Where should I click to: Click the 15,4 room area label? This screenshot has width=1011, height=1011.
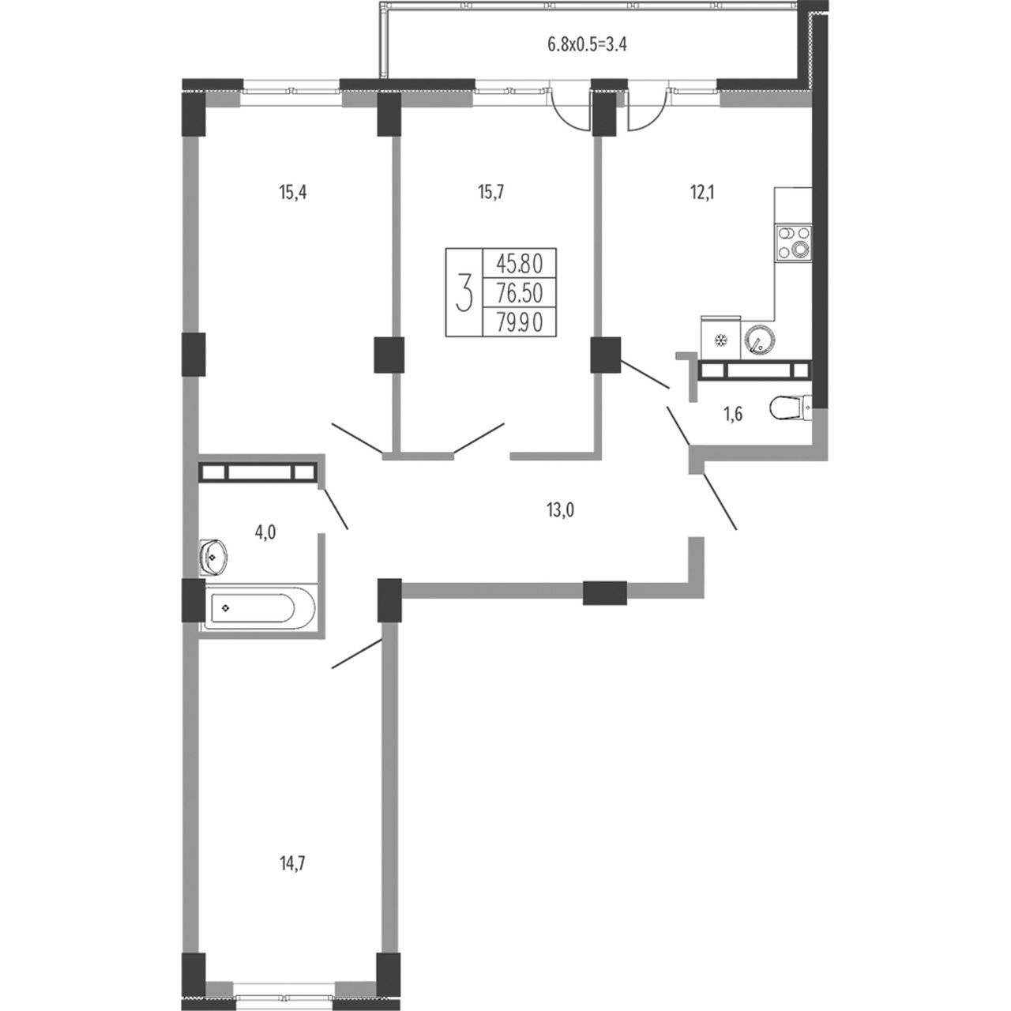point(293,193)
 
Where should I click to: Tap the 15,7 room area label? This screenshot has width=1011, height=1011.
point(490,193)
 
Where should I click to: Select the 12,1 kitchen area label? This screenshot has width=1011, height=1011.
point(701,193)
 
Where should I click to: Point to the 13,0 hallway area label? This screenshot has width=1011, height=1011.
point(560,509)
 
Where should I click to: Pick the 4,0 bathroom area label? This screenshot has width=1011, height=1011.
point(265,532)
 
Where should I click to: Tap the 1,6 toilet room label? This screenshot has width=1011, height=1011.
point(733,415)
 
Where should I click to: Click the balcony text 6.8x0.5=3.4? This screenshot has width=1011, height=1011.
point(587,44)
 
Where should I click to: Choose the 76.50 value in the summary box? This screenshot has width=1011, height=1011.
point(519,294)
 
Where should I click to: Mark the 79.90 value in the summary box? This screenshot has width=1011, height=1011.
point(519,323)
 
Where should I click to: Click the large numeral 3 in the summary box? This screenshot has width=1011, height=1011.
point(464,292)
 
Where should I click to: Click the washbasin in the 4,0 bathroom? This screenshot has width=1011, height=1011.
point(213,557)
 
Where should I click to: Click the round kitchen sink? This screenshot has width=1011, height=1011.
point(758,339)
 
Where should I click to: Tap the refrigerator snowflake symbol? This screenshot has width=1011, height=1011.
point(722,341)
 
